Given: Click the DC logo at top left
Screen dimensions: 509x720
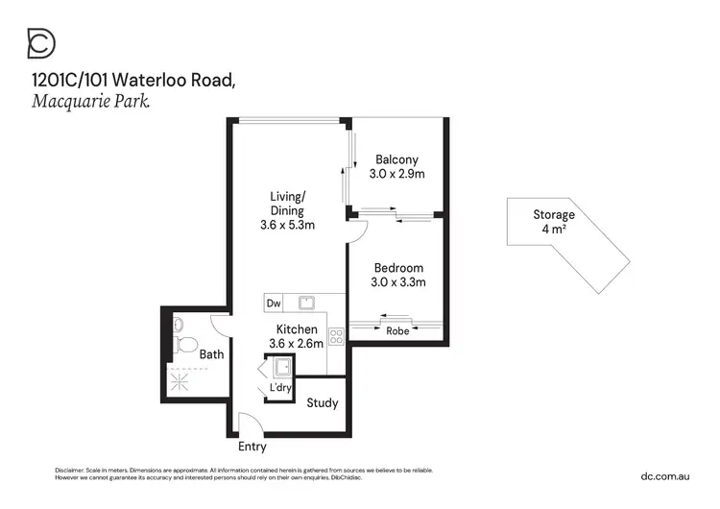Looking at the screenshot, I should pyautogui.click(x=41, y=43).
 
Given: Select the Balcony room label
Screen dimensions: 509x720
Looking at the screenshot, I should pyautogui.click(x=396, y=159).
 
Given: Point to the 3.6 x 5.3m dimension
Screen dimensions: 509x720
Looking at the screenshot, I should pyautogui.click(x=287, y=226).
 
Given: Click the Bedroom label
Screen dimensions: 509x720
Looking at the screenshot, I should pyautogui.click(x=397, y=268).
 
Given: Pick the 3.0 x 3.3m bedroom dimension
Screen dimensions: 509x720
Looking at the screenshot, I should pyautogui.click(x=397, y=282).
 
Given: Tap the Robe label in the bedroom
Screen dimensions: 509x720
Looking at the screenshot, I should pyautogui.click(x=396, y=331).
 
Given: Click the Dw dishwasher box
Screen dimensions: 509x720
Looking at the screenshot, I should pyautogui.click(x=274, y=303).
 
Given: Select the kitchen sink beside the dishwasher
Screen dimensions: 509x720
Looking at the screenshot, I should pyautogui.click(x=306, y=303).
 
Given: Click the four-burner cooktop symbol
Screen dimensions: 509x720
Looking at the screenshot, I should pyautogui.click(x=336, y=336).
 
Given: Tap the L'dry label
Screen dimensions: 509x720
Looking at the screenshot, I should pyautogui.click(x=280, y=387).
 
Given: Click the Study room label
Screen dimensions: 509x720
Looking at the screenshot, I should pyautogui.click(x=323, y=402).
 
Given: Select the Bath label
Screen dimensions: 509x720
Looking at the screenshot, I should pyautogui.click(x=211, y=354).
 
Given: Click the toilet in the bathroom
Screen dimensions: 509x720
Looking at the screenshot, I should pyautogui.click(x=186, y=342).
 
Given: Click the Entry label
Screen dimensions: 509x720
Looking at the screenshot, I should pyautogui.click(x=252, y=447).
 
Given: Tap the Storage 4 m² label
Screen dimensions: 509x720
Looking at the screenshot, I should pyautogui.click(x=554, y=222).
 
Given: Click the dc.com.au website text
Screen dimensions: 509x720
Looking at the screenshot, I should pyautogui.click(x=666, y=475).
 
